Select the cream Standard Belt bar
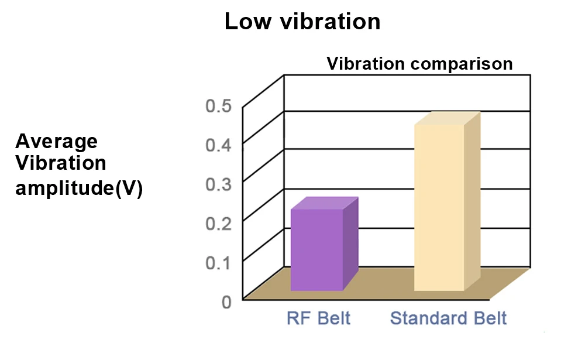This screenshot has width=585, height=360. (439, 207)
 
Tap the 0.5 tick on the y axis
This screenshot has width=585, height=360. (219, 106)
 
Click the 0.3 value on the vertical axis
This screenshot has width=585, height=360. (219, 183)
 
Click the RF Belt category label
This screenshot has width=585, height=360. (318, 318)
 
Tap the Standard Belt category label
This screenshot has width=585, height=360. (448, 318)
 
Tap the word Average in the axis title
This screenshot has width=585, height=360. (57, 141)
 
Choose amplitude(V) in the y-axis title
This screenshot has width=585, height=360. (79, 189)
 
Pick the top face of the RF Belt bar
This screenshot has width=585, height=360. (324, 203)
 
